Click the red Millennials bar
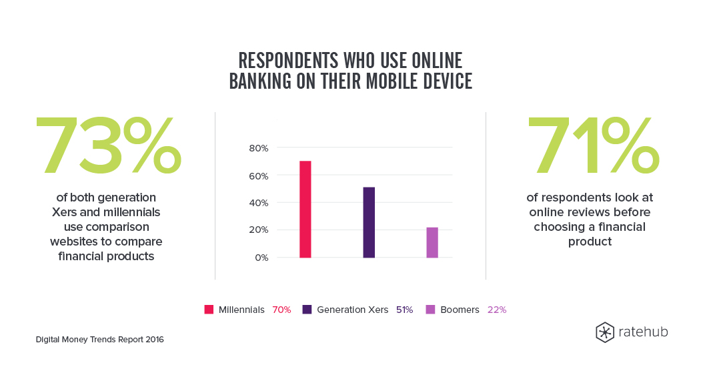click(305, 210)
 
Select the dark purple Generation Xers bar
click(369, 222)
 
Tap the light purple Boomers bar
click(432, 242)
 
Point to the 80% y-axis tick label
click(259, 148)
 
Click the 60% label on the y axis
click(259, 176)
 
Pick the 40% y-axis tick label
click(259, 203)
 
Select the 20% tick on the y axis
click(259, 230)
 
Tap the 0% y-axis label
click(261, 258)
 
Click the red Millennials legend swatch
click(209, 310)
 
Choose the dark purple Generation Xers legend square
click(307, 310)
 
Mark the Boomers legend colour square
click(430, 310)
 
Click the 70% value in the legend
click(281, 310)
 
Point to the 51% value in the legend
click(405, 310)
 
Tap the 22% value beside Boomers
click(497, 310)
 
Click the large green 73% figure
click(109, 145)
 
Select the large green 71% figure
click(593, 145)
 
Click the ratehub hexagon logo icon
click(605, 332)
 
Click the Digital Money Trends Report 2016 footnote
click(99, 339)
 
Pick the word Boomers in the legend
click(460, 310)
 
